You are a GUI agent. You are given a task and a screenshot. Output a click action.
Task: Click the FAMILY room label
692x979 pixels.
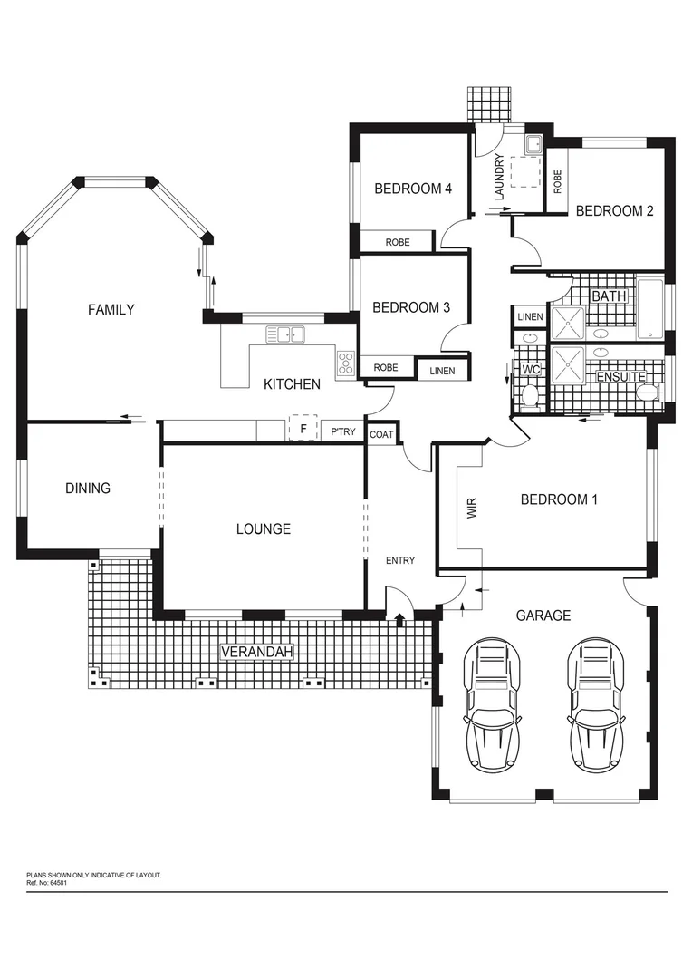point(111,310)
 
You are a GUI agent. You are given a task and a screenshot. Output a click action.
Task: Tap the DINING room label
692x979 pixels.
point(88,489)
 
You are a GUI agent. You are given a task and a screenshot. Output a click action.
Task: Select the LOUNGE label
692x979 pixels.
point(263,529)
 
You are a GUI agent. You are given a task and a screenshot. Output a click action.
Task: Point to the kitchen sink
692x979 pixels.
point(285,334)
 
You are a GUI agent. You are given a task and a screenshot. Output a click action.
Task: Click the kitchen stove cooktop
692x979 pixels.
point(346,363)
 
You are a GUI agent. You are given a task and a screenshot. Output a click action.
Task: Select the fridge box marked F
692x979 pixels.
point(303,429)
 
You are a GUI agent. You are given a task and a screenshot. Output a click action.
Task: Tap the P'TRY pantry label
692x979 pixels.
point(343,432)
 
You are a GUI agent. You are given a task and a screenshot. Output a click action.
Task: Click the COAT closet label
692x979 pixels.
point(381,435)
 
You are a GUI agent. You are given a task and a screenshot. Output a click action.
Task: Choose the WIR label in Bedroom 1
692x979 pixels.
point(471,508)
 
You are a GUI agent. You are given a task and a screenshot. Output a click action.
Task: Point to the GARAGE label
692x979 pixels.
point(543,616)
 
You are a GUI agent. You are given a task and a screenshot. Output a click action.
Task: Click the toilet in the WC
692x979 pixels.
point(531,395)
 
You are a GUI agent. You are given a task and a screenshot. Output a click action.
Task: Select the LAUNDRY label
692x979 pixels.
point(499,177)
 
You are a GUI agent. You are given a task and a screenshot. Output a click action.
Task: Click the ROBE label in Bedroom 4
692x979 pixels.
point(397,243)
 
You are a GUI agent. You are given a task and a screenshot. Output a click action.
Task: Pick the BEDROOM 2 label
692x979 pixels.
point(614,211)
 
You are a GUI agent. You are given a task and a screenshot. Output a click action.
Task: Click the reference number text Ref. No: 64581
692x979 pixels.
point(47,881)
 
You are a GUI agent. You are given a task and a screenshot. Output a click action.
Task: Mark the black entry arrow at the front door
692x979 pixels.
point(400,619)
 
